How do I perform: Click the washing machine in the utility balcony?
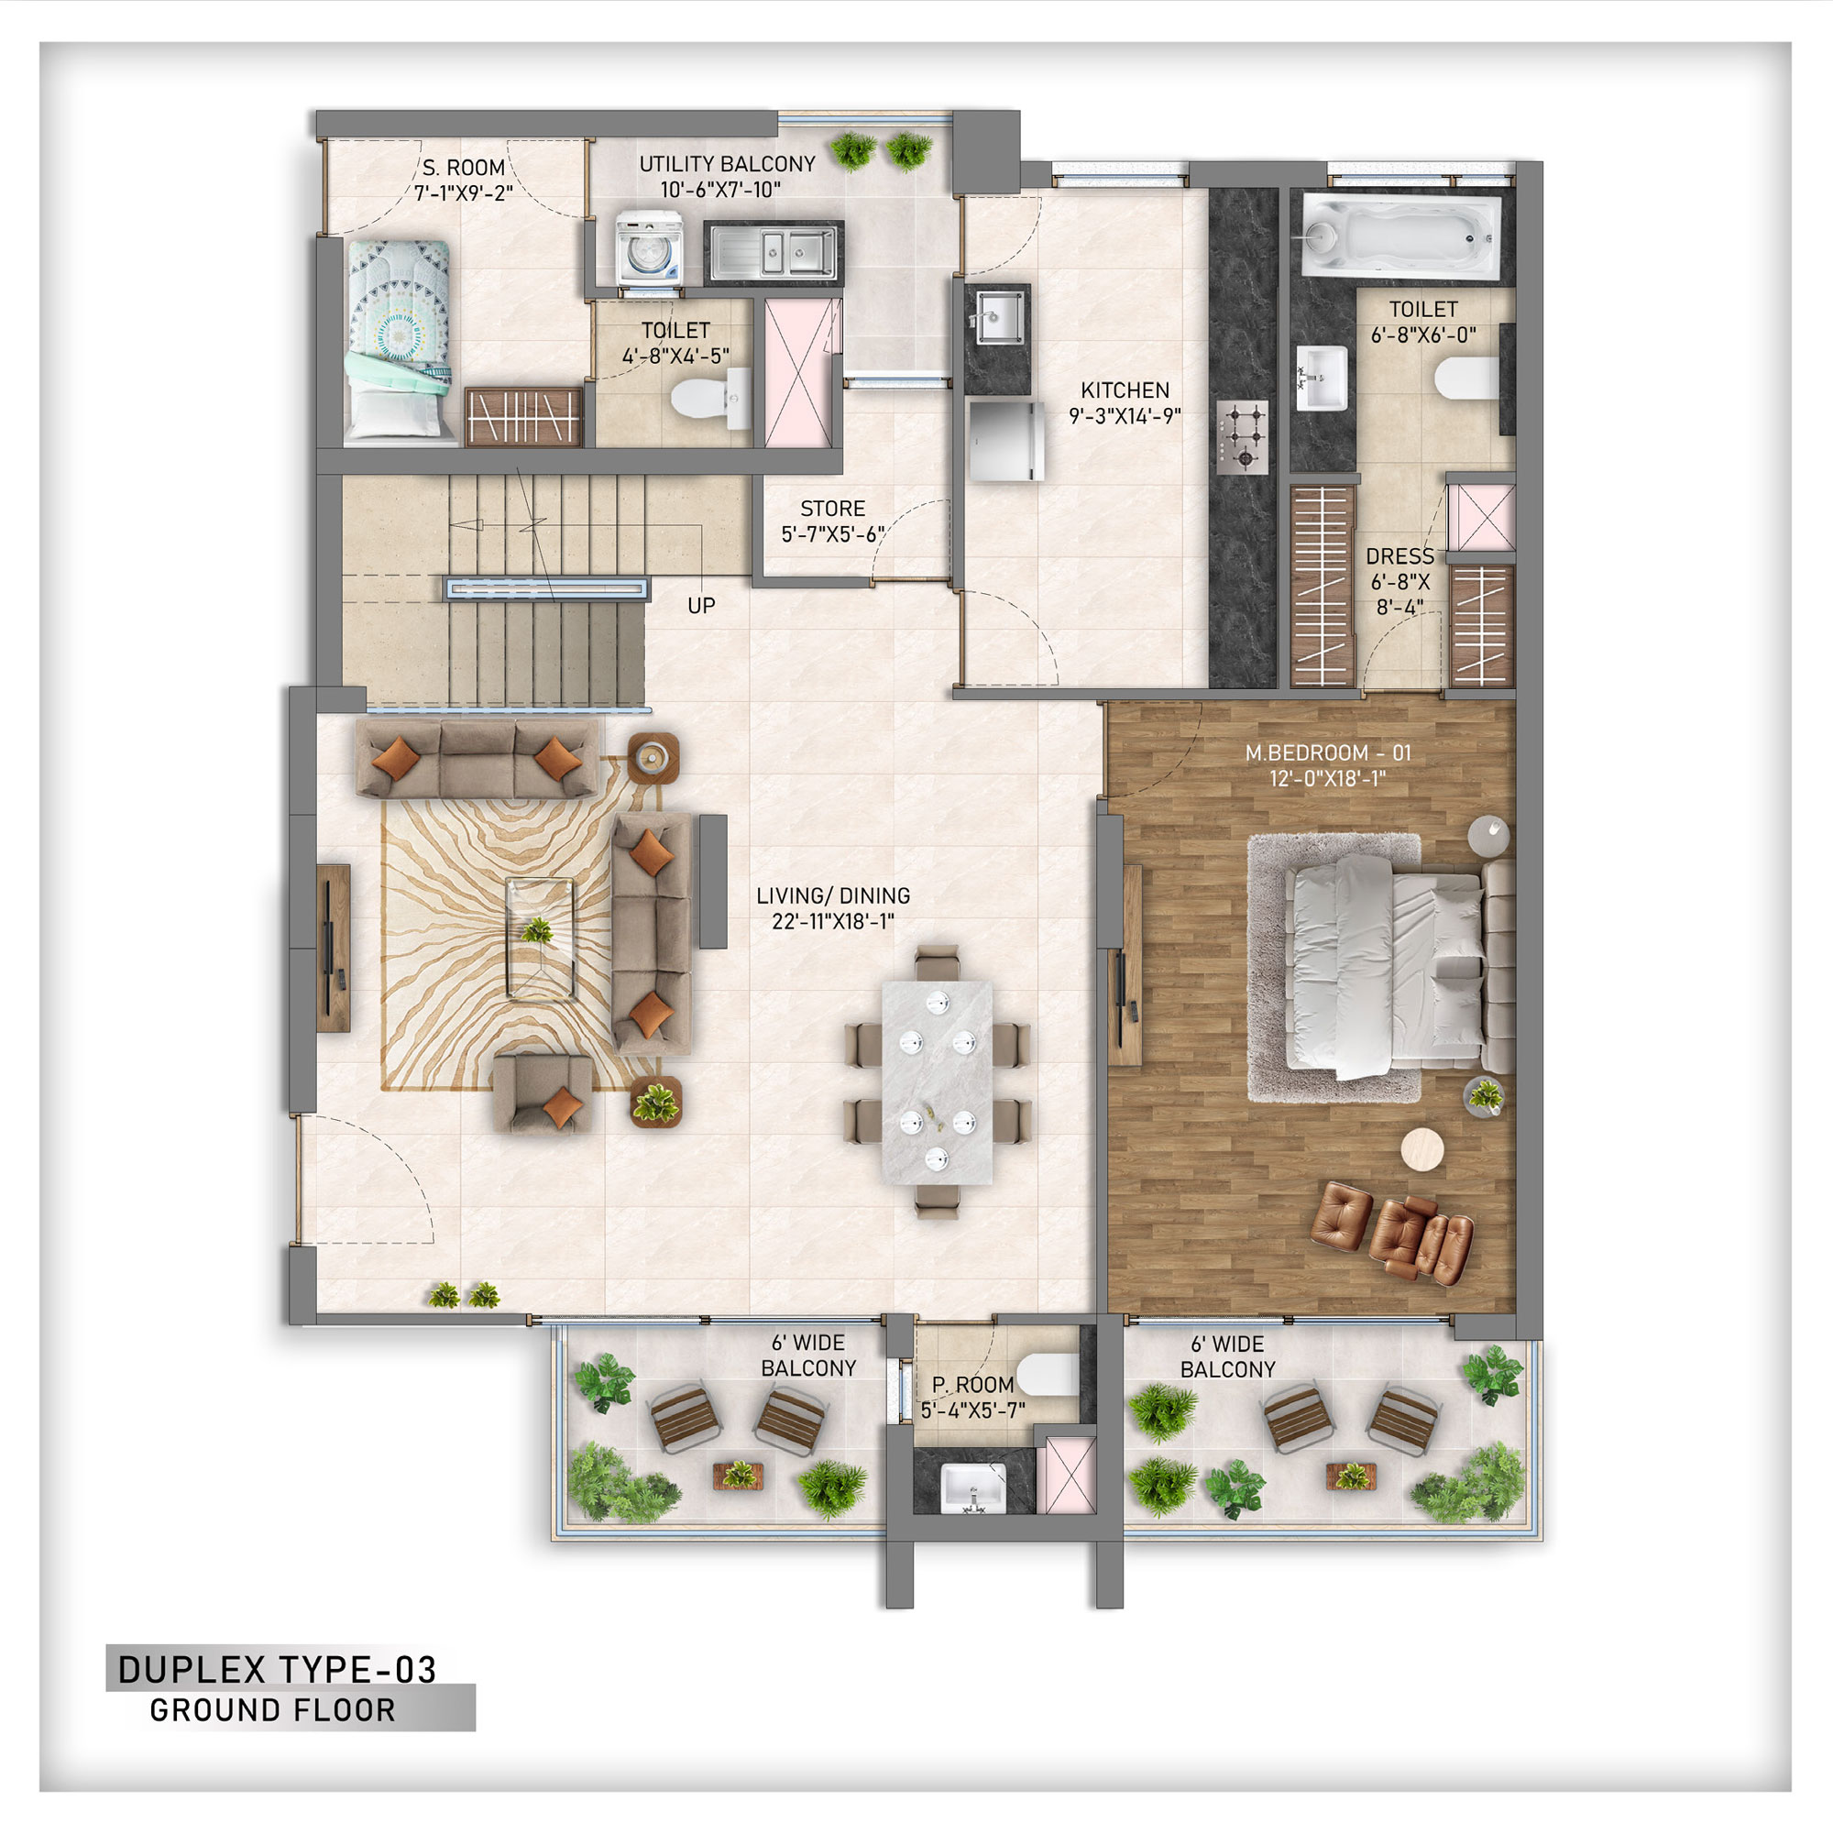(x=649, y=247)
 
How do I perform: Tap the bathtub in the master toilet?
(x=1401, y=237)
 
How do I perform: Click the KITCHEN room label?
(x=1125, y=390)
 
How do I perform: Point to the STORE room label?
(x=832, y=509)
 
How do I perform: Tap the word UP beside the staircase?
(x=701, y=605)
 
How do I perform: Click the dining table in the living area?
(x=938, y=1081)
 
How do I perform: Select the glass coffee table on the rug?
(x=540, y=938)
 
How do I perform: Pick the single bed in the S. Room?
(x=399, y=342)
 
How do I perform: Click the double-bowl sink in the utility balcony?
(x=774, y=252)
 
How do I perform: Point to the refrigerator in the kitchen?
(x=1005, y=439)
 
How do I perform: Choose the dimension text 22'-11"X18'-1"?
(x=833, y=921)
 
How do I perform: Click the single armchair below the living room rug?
(x=543, y=1093)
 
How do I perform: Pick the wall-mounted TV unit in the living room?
(x=333, y=948)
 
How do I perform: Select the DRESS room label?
(x=1399, y=556)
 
